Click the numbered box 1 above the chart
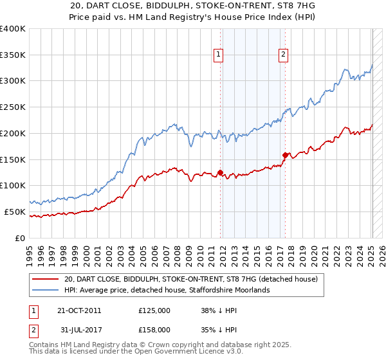(219, 55)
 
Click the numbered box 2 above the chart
(283, 55)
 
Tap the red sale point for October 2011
(220, 172)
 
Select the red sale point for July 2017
(285, 155)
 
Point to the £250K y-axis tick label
(13, 107)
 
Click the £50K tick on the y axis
(15, 212)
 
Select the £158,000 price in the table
(154, 330)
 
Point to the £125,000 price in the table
(154, 310)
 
